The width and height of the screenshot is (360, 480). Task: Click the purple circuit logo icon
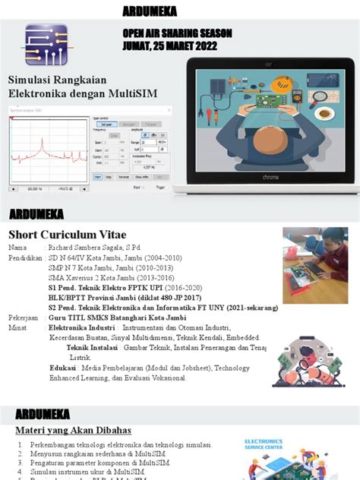46,45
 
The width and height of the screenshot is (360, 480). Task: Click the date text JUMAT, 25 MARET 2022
169,46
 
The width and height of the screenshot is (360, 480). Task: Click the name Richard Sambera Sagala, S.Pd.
95,248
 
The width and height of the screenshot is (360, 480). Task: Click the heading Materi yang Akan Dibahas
74,431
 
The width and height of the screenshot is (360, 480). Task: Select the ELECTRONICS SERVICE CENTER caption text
264,443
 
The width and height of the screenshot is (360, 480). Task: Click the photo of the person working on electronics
315,265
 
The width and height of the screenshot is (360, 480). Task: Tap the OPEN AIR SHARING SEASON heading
177,33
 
